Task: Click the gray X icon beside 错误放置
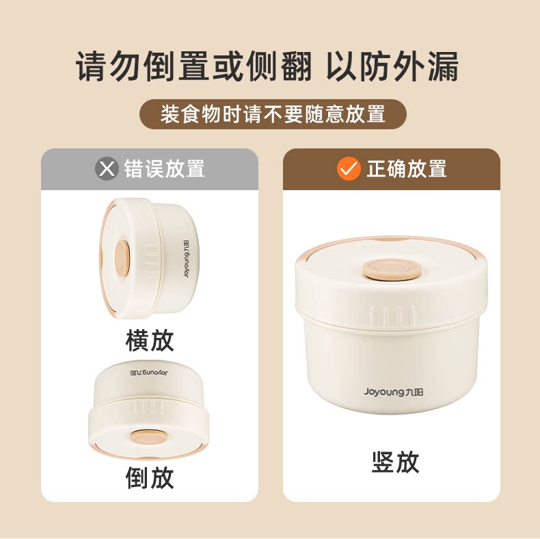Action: [x=107, y=169]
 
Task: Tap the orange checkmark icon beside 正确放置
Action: [x=349, y=168]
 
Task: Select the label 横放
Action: [x=150, y=341]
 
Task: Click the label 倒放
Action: [x=150, y=477]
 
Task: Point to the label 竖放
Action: [x=395, y=462]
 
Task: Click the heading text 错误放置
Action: [x=165, y=169]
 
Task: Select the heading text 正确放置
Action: [x=407, y=169]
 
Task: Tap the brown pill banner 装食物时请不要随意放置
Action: [x=273, y=114]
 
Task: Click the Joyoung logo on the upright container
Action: [x=393, y=392]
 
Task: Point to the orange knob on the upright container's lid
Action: [x=391, y=269]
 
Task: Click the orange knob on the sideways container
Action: [x=122, y=258]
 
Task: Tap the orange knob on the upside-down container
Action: [x=149, y=438]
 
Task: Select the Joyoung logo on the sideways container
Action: [x=187, y=259]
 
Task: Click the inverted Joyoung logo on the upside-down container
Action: [x=149, y=373]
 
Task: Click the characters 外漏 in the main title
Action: [x=426, y=66]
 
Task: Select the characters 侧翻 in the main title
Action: [x=279, y=66]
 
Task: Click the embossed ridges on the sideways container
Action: [x=150, y=259]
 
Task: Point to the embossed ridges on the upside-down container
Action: [x=149, y=407]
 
